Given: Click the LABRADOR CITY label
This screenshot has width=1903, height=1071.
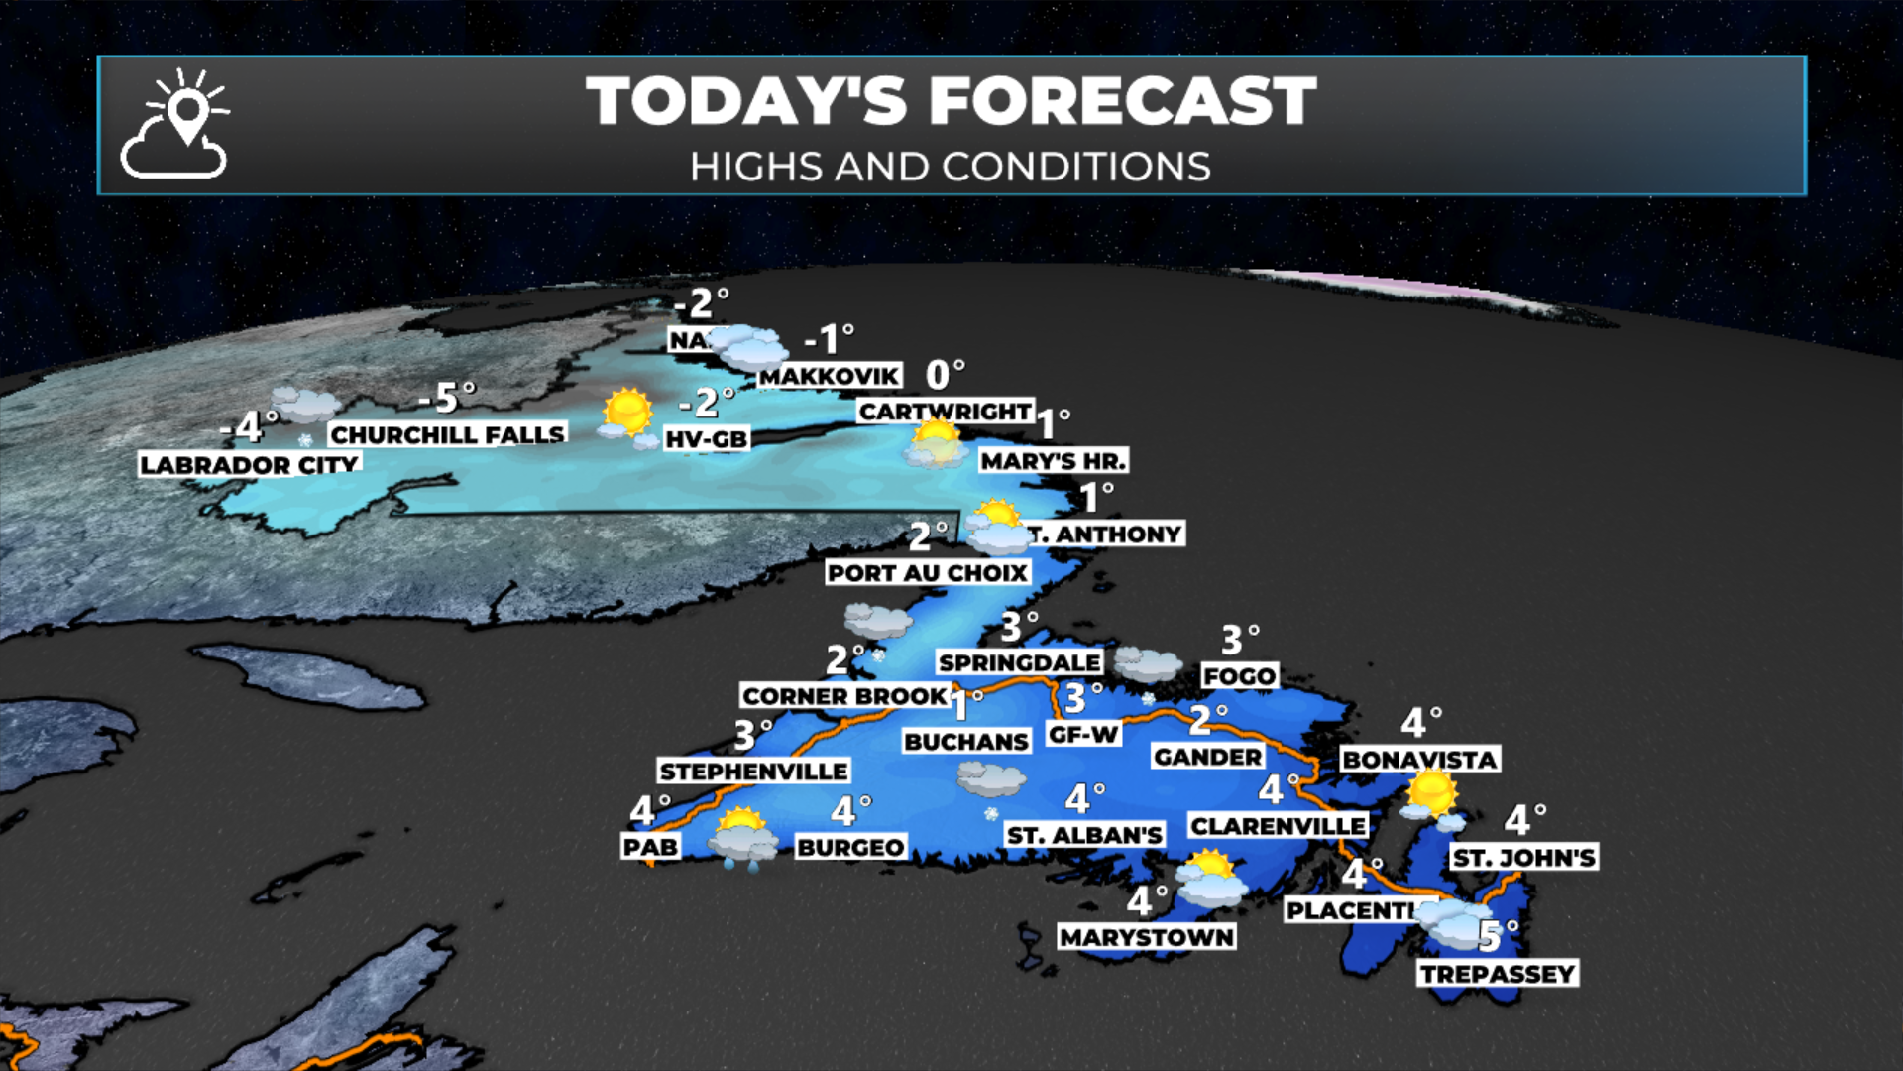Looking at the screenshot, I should coord(249,464).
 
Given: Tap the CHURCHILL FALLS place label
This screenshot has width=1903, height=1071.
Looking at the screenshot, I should coord(447,434).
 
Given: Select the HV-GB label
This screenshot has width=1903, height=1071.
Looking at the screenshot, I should coord(706,438).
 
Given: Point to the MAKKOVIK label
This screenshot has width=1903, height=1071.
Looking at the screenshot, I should coord(830,376).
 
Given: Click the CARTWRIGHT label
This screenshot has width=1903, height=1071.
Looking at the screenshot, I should coord(945,411).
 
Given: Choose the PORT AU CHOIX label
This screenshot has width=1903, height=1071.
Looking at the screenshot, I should coord(928,572).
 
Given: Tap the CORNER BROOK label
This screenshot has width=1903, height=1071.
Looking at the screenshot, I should coord(844,696).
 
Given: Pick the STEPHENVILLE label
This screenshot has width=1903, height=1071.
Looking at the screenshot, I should coord(753,771).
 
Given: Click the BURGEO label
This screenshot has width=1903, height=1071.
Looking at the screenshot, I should coord(850,847).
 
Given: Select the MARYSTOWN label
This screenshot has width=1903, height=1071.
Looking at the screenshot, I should coord(1146,937).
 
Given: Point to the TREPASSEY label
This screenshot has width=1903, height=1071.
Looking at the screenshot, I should coord(1497,974).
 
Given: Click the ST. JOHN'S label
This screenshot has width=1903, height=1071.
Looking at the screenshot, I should coord(1523,857).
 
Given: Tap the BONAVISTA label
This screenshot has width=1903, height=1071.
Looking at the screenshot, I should coord(1418,760).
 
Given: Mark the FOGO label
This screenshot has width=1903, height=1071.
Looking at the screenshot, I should coord(1239,676).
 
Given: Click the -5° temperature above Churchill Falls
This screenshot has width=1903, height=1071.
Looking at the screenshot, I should coord(447,398).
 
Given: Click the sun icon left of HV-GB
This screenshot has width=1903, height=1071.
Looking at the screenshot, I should coord(626,415).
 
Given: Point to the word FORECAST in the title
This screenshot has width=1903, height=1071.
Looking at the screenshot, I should coord(1122,101).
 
